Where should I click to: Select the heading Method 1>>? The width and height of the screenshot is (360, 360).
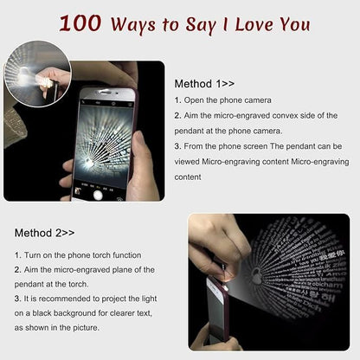pos(204,84)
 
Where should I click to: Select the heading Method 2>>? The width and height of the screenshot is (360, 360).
pos(44,233)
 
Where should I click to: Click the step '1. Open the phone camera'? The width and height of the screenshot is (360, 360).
pos(222,100)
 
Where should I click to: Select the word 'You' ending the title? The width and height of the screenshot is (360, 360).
pos(292,23)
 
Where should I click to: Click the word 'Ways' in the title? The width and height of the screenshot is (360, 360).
pos(134,24)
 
